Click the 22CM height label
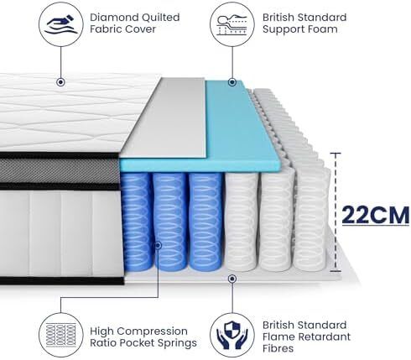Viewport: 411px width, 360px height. pyautogui.click(x=376, y=215)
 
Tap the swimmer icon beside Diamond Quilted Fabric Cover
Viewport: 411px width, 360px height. pyautogui.click(x=61, y=24)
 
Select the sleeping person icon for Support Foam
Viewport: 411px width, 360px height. pyautogui.click(x=232, y=24)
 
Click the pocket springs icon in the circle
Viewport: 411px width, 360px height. pyautogui.click(x=61, y=335)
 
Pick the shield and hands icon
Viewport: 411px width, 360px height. pyautogui.click(x=232, y=335)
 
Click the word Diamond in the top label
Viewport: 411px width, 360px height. pyautogui.click(x=114, y=18)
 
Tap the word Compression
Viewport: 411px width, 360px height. pyautogui.click(x=154, y=331)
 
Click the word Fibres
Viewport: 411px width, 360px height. pyautogui.click(x=278, y=348)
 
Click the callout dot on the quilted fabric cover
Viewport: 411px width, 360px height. pyautogui.click(x=60, y=82)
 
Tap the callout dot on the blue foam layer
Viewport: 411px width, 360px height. pyautogui.click(x=232, y=82)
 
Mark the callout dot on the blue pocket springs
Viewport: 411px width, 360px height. pyautogui.click(x=158, y=246)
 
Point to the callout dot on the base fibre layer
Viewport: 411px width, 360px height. pyautogui.click(x=232, y=279)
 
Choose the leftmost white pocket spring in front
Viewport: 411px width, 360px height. pyautogui.click(x=241, y=222)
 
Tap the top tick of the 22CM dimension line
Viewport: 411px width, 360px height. pyautogui.click(x=336, y=154)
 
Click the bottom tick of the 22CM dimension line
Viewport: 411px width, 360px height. pyautogui.click(x=336, y=271)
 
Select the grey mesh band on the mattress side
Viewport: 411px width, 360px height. pyautogui.click(x=60, y=170)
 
